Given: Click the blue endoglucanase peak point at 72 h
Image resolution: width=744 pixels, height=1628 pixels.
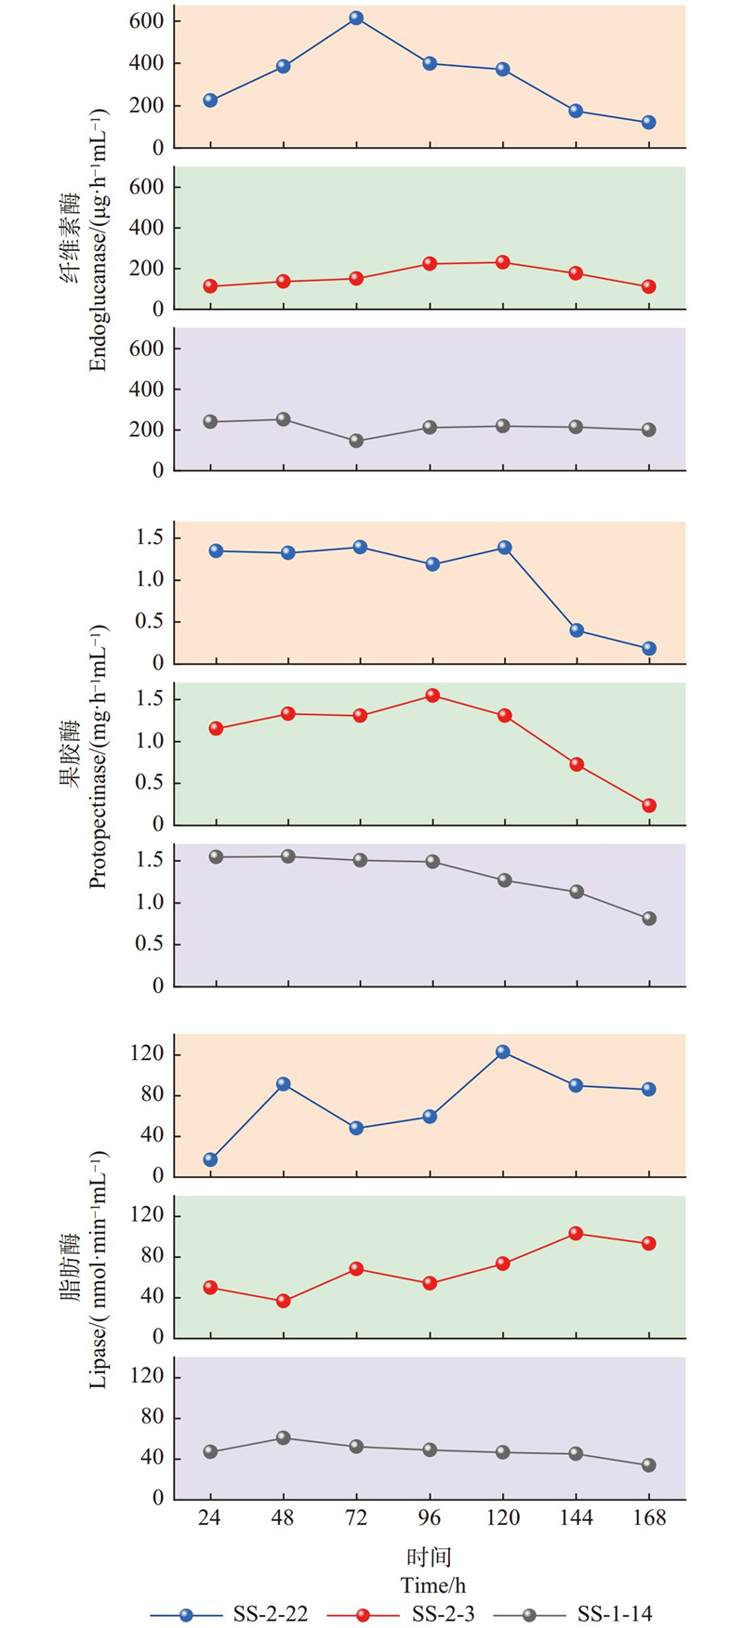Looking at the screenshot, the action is (356, 19).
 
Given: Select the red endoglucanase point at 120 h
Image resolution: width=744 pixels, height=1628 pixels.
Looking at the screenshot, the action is (503, 262).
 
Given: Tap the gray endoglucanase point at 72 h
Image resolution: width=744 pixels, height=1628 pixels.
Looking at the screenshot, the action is (356, 441).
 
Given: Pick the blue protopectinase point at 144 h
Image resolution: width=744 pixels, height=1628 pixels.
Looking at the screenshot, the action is (577, 630).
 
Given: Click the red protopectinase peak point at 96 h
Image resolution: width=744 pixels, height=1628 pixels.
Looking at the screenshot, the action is (432, 695).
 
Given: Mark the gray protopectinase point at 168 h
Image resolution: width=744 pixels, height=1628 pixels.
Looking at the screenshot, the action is (649, 919).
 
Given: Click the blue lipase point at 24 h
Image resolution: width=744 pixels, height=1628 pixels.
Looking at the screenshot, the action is (210, 1159).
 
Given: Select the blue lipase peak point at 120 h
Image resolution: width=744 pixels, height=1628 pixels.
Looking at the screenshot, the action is (503, 1052).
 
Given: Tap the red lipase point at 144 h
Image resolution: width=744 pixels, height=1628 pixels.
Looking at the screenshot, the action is (576, 1234).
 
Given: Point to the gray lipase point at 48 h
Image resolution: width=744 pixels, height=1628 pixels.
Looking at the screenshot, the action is (283, 1438).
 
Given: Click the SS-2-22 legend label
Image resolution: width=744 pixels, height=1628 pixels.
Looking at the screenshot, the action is (271, 1614).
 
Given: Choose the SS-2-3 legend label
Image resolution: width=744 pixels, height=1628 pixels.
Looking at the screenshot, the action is (443, 1614).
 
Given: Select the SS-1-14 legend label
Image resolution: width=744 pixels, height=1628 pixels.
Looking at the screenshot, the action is (615, 1614).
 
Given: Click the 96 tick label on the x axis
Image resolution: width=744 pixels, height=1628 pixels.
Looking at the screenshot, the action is (430, 1518).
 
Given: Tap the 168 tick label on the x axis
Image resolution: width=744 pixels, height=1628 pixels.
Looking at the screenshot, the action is (649, 1518).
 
